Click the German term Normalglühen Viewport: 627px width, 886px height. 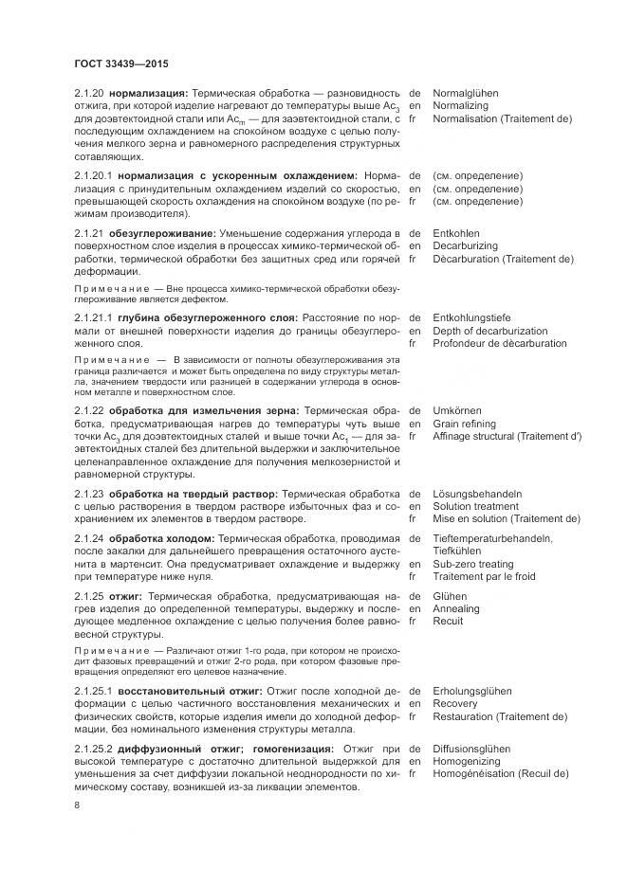[x=466, y=94]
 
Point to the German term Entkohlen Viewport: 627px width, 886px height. [x=456, y=233]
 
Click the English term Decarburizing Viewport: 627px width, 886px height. [x=465, y=245]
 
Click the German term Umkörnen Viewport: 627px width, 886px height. [x=457, y=411]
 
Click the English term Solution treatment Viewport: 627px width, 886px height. [x=475, y=506]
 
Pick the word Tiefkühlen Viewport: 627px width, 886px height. [x=458, y=551]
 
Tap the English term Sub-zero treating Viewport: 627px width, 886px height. [x=474, y=564]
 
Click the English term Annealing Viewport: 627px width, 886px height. [x=456, y=608]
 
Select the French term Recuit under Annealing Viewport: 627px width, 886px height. [x=448, y=621]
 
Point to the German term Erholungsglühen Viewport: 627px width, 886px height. [x=472, y=691]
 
